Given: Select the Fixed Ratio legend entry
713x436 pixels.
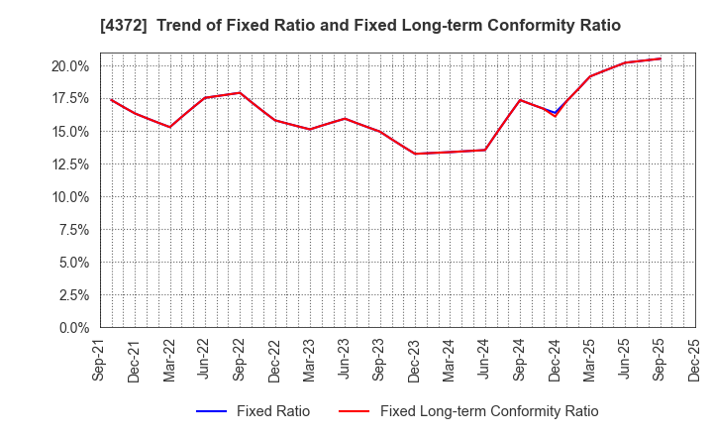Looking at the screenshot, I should (x=272, y=411).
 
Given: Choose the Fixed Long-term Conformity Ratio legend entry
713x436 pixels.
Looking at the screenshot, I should (x=489, y=411).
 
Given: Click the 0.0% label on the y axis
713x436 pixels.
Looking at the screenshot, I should (x=74, y=328).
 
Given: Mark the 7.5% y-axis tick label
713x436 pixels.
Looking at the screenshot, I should (x=74, y=230).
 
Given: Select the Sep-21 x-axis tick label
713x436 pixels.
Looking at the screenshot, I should (x=100, y=359).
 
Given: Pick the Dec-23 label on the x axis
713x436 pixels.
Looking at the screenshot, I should (x=415, y=359).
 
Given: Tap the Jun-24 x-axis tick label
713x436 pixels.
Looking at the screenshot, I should (x=485, y=359).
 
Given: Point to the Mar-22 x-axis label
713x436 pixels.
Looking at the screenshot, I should (x=170, y=359).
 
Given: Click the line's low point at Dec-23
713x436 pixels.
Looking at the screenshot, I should (x=415, y=154).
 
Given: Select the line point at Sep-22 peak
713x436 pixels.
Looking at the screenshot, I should (x=240, y=93).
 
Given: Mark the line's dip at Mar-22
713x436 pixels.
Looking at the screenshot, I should (x=170, y=127).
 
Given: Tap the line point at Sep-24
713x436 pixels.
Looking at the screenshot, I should (x=520, y=100).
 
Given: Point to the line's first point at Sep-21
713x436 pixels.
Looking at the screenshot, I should (x=111, y=99).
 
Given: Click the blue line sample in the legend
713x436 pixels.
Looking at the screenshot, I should (x=212, y=411).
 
